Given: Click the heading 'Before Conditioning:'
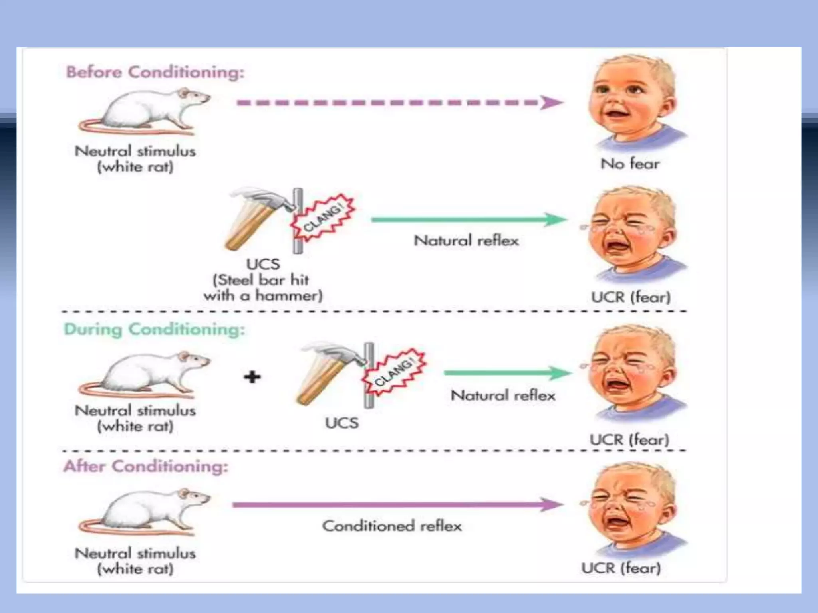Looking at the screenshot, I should pos(155,72).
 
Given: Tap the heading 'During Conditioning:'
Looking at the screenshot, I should pos(154,330).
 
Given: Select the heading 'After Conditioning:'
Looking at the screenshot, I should pos(146,466).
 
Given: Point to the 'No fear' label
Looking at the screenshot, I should pos(630,164).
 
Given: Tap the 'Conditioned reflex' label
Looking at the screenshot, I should pos(392,526).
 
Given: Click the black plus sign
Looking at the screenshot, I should pos(252,376).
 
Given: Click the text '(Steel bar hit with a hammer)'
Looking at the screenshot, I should pos(262,288).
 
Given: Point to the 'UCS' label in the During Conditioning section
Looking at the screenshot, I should pos(341,423).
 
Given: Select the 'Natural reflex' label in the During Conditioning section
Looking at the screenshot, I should pos(503,395).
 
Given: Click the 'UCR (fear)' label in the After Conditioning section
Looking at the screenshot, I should pos(621,568).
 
